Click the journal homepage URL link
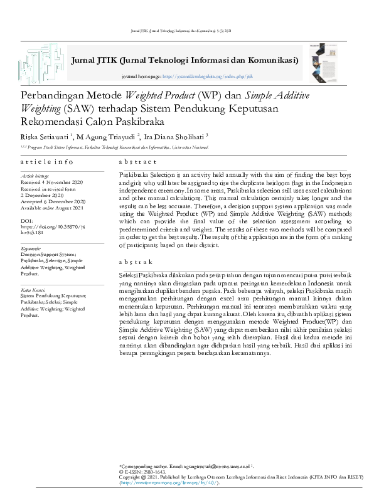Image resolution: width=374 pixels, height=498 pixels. [208, 76]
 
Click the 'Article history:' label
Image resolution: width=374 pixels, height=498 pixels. [36, 176]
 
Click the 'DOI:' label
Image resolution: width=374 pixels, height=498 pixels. [27, 221]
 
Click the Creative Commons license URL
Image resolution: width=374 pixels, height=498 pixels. [169, 484]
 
